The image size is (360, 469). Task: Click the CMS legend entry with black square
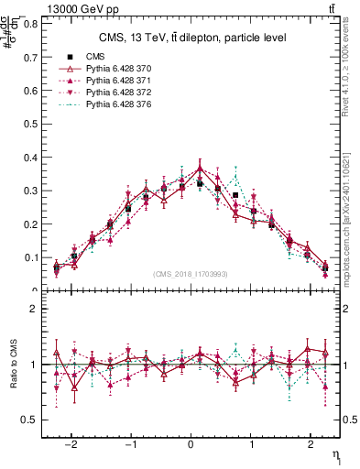pos(94,57)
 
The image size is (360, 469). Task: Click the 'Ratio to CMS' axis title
pos(13,365)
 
